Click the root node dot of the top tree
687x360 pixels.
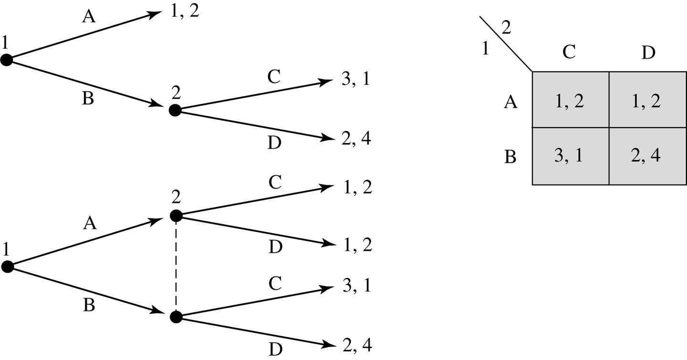coord(6,60)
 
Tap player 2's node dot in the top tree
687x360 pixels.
coord(175,110)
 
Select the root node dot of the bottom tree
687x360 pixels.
coord(7,267)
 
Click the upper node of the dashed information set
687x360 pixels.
coord(176,215)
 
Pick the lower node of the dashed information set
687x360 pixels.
coord(176,316)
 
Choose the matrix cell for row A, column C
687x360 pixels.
coord(570,100)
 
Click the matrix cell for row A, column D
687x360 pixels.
coord(647,100)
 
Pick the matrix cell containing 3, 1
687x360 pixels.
coord(570,156)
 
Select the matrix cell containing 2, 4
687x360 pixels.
coord(647,156)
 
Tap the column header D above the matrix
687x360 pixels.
coord(648,53)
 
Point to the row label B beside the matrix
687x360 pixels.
coord(510,157)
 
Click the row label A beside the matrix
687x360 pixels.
coord(510,102)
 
